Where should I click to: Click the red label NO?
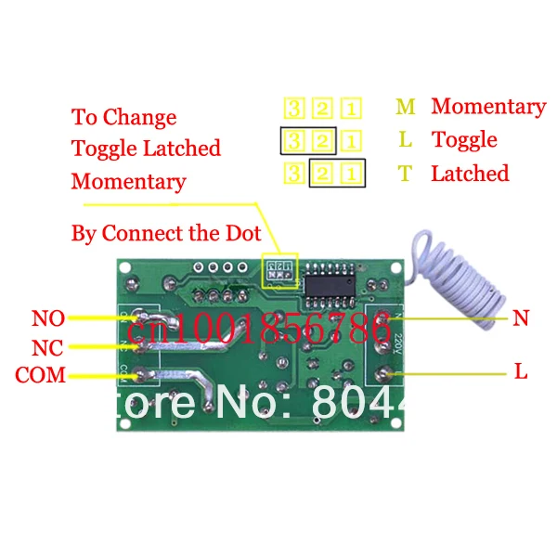(x=47, y=319)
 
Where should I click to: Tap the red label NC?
(x=47, y=348)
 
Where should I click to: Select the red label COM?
(x=40, y=375)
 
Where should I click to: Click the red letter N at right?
(x=521, y=319)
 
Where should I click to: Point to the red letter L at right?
(x=521, y=372)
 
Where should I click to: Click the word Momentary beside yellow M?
(x=488, y=107)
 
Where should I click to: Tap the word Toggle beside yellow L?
(x=464, y=140)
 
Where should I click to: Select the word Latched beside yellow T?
(x=470, y=174)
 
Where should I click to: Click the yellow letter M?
(x=406, y=107)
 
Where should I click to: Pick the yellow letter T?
(x=405, y=174)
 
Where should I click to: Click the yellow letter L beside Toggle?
(x=406, y=140)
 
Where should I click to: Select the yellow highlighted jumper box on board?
(x=279, y=272)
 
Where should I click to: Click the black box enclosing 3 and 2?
(x=307, y=141)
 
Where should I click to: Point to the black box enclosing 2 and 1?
(x=337, y=174)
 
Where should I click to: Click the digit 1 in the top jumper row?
(x=351, y=108)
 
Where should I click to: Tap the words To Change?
(x=123, y=118)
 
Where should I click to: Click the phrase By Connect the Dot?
(x=166, y=233)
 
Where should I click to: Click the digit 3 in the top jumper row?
(x=294, y=108)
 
